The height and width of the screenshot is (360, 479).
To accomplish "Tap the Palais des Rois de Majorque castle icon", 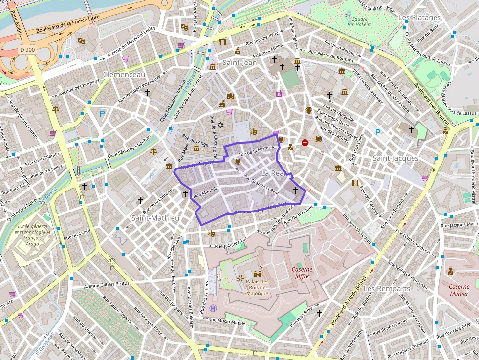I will [258, 275].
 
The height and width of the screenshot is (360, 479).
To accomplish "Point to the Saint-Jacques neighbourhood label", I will [395, 158].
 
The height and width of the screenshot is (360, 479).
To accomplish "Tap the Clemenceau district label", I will [124, 75].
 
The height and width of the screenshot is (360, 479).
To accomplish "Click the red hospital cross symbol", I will [305, 143].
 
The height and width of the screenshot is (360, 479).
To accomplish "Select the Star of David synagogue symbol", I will [220, 126].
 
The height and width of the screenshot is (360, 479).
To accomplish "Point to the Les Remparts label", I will [387, 289].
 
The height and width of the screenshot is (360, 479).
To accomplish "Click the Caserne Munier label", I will [459, 290].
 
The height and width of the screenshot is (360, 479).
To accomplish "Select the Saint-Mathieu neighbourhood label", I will [155, 217].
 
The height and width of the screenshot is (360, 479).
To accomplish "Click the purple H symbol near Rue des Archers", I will [213, 308].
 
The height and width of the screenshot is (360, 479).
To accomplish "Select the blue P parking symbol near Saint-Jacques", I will [378, 132].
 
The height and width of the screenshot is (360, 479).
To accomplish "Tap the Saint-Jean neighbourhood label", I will [239, 63].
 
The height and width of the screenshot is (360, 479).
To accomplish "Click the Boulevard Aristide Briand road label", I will [348, 302].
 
